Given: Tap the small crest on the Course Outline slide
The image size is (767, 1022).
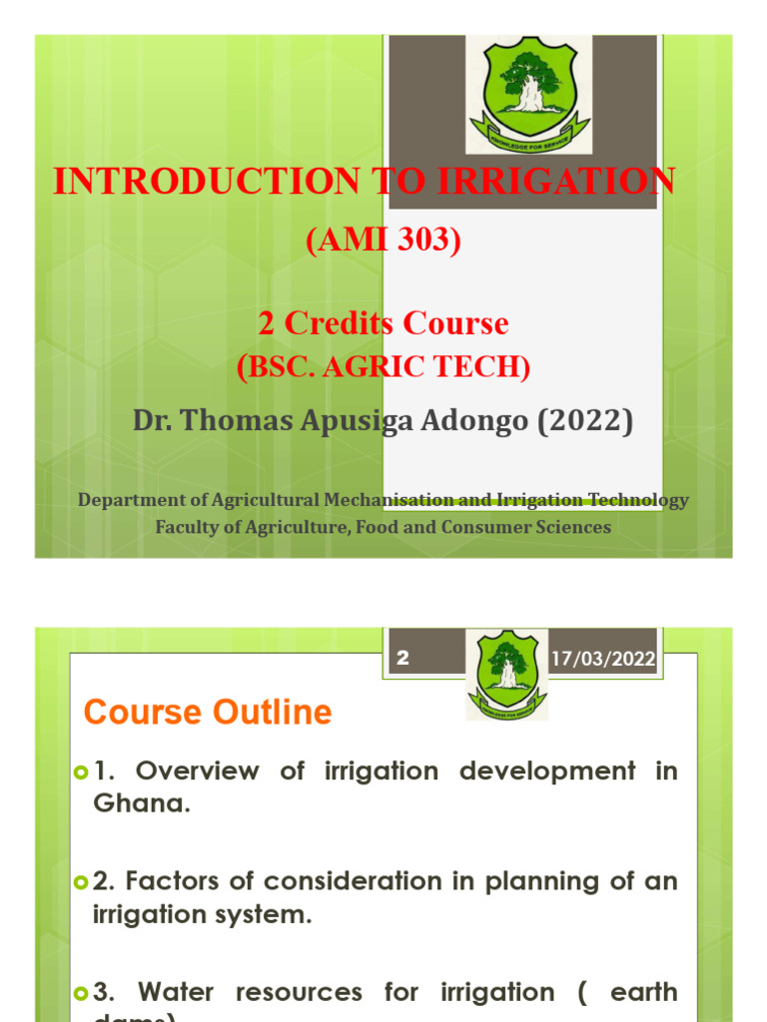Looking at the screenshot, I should pos(506,675).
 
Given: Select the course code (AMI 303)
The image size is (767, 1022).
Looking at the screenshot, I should pos(383,241).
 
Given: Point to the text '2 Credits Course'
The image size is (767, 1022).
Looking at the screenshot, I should pos(383,323).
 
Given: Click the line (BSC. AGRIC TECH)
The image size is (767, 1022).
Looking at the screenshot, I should pos(383,367).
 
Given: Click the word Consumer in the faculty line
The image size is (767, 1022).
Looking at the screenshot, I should pos(480,527).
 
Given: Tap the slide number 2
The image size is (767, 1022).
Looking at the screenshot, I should pos(403,659).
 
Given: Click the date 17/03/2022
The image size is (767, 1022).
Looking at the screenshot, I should pos(603,659).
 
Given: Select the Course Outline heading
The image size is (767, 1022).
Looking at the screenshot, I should pos(208,713).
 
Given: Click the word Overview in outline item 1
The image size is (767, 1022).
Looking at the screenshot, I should pos(197,770).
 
